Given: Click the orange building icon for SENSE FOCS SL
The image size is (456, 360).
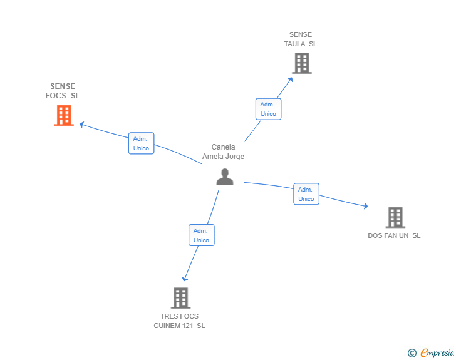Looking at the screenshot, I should [63, 115].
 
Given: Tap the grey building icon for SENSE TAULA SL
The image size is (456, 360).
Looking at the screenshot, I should [301, 63].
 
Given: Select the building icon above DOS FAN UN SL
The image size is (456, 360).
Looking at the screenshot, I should [395, 217].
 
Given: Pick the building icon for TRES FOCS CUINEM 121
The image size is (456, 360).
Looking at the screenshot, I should [180, 298].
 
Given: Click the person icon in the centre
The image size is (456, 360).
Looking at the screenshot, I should [224, 177].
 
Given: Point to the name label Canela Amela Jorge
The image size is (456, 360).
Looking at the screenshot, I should [223, 152].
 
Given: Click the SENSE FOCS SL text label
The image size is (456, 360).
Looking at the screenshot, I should [63, 91].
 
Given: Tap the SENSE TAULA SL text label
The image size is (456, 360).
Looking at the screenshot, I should [301, 39].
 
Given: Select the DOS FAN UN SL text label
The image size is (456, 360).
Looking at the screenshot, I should [394, 236].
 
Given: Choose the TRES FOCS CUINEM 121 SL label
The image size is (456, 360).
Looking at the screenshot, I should [180, 321].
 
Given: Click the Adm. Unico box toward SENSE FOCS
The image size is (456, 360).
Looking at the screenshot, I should [141, 143].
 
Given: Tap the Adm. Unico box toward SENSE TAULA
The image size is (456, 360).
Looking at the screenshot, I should [268, 109].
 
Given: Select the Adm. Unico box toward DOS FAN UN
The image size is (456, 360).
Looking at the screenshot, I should [306, 194].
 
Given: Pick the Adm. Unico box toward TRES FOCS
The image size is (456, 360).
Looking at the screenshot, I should [201, 235].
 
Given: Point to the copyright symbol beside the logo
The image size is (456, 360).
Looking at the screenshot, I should [412, 353].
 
